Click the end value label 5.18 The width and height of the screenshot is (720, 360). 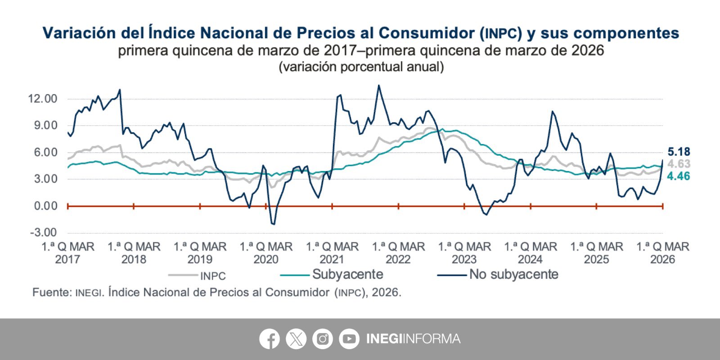coord(679,152)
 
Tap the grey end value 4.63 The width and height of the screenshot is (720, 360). coord(679,164)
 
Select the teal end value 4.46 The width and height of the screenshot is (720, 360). coord(679,176)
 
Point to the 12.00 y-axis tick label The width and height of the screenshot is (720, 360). coord(43,99)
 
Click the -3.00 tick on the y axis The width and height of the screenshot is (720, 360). coord(44,233)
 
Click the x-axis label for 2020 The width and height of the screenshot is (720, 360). coord(266,253)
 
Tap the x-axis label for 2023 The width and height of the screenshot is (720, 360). coord(464,253)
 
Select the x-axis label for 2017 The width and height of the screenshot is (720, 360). coord(67,253)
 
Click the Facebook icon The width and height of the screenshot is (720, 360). coord(270,339)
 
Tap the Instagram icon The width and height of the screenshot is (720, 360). coord(322,339)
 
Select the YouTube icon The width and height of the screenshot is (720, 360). coord(349,339)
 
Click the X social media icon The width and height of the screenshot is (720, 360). coord(296,339)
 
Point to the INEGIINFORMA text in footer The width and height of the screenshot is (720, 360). coord(413,339)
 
